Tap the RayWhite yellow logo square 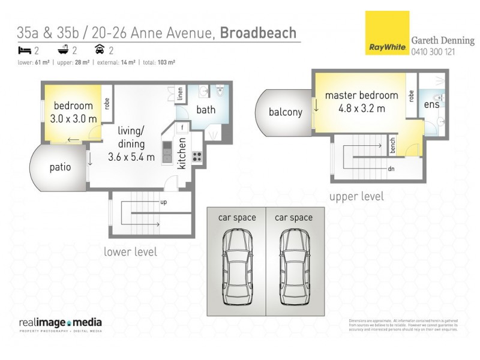click(x=385, y=33)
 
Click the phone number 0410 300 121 click(x=433, y=52)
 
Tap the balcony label click(x=285, y=112)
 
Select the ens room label click(x=431, y=104)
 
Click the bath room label click(x=206, y=110)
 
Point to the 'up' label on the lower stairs click(x=163, y=202)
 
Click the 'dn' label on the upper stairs click(x=391, y=169)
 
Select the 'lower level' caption click(x=130, y=251)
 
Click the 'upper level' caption click(x=356, y=196)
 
